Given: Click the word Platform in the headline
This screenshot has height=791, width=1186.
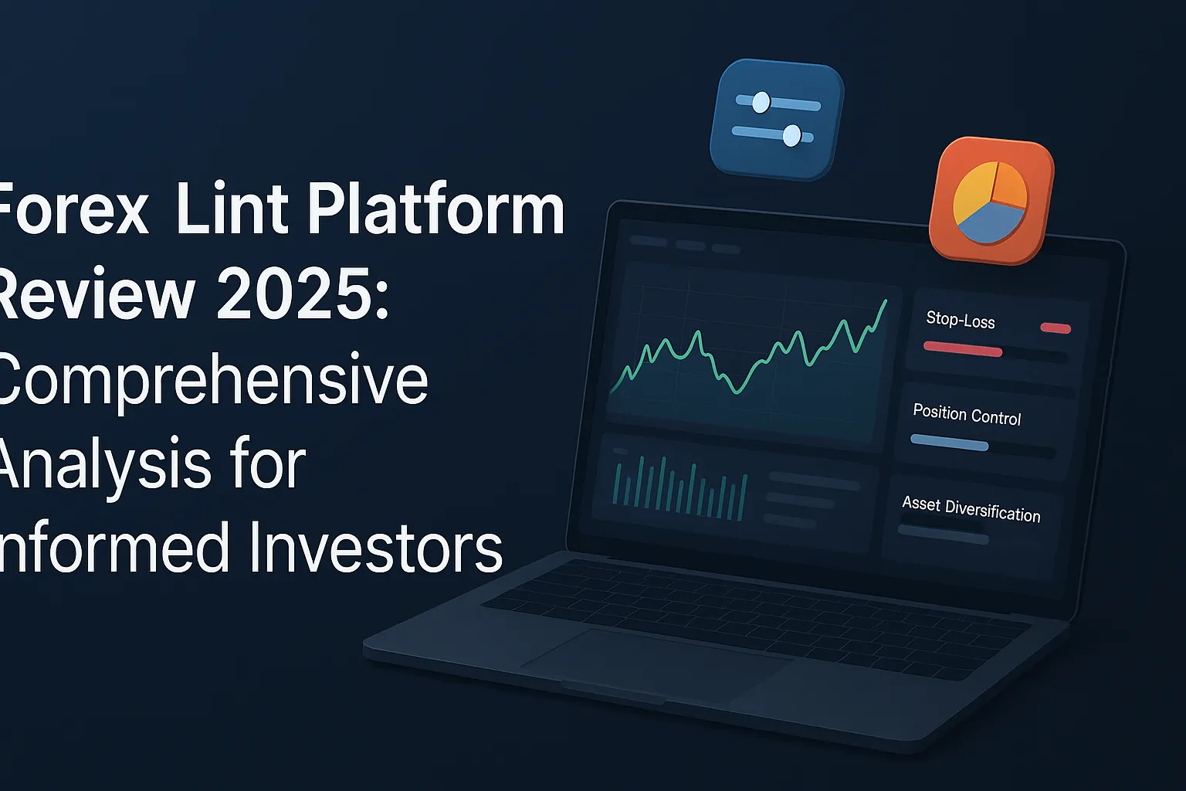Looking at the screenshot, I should [x=436, y=212].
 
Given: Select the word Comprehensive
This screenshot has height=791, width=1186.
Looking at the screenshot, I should [x=212, y=380].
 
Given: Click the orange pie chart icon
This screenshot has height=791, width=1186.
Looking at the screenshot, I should [x=991, y=202].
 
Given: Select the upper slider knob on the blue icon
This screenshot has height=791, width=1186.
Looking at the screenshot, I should [x=761, y=102].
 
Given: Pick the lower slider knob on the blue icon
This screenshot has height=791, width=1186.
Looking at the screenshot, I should [x=791, y=136].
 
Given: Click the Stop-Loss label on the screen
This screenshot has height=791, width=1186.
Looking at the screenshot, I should [x=961, y=319].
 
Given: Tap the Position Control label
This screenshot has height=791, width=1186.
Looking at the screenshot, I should [x=967, y=415].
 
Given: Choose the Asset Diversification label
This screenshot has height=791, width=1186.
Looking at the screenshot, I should [x=971, y=508].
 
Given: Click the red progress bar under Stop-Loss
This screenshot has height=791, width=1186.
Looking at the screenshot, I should [x=962, y=349].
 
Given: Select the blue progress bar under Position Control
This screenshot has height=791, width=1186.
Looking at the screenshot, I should [x=949, y=443].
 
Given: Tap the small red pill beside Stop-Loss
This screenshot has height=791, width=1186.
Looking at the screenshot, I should [x=1056, y=328].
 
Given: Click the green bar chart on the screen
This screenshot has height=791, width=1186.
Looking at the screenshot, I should [x=679, y=487].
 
